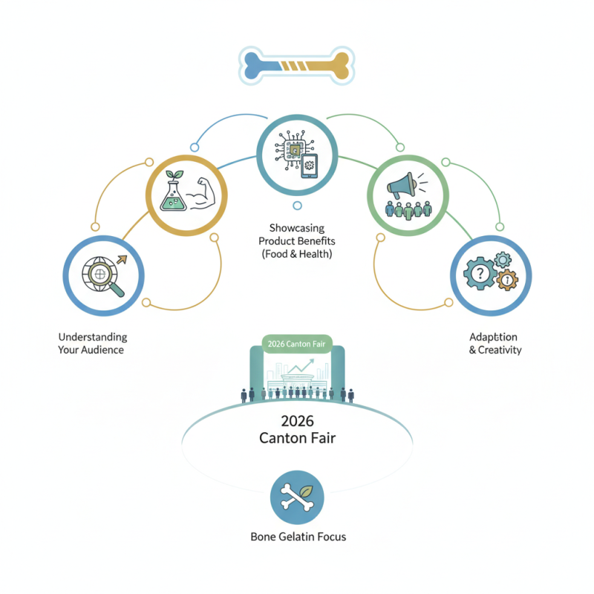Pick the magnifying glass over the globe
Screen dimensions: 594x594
coord(99,276)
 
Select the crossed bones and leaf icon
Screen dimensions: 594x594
coord(297,498)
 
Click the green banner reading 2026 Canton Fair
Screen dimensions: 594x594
coord(297,345)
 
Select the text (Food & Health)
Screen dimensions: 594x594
coord(297,255)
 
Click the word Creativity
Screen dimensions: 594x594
coord(500,350)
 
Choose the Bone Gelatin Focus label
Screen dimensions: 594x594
coord(297,536)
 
